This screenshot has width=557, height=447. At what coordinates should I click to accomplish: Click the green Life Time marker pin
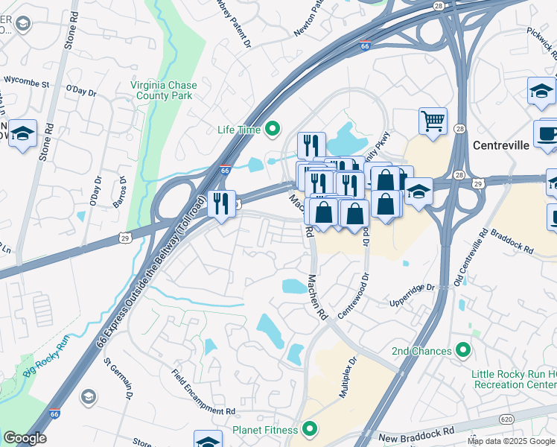tap(273, 130)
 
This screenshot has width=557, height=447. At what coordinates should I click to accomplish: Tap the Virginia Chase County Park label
tap(163, 90)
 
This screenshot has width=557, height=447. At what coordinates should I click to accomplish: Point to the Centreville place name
tap(500, 145)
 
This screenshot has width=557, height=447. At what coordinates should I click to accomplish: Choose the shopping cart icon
tap(433, 120)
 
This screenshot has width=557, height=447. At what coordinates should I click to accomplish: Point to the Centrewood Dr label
tap(354, 297)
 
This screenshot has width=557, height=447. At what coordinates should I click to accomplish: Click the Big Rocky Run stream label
tap(45, 355)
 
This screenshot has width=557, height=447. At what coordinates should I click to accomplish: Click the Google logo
tap(25, 438)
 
